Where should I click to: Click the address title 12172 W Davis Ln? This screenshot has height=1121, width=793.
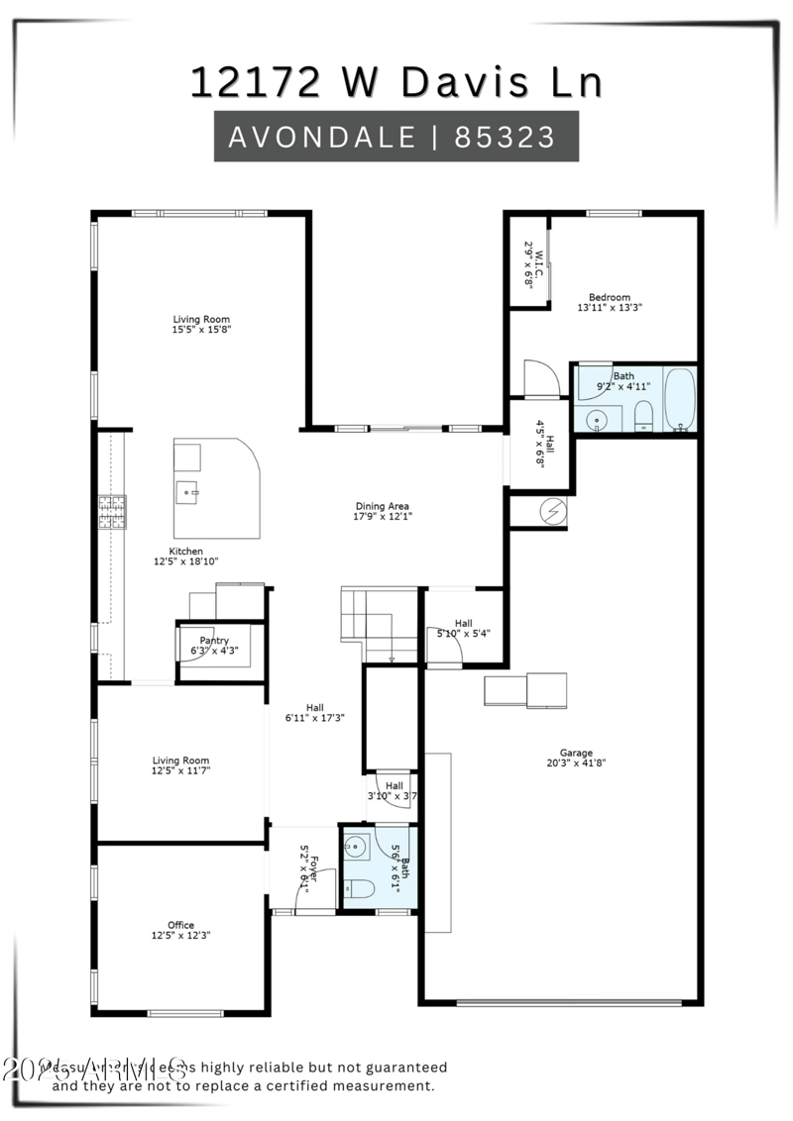pyautogui.click(x=396, y=82)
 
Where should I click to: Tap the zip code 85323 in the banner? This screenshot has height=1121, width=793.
pyautogui.click(x=506, y=137)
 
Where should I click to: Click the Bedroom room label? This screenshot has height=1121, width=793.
pyautogui.click(x=609, y=297)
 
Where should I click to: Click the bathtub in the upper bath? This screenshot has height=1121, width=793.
pyautogui.click(x=680, y=399)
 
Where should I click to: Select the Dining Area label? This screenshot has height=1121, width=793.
pyautogui.click(x=383, y=506)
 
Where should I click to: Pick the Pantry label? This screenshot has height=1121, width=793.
pyautogui.click(x=214, y=641)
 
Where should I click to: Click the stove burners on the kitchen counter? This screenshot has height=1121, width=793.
pyautogui.click(x=111, y=509)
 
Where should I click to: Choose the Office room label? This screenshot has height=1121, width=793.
pyautogui.click(x=180, y=925)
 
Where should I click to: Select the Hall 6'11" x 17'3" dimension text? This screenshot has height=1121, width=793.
pyautogui.click(x=314, y=718)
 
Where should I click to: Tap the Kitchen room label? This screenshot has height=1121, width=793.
pyautogui.click(x=185, y=552)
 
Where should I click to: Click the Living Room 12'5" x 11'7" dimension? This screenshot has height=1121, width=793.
pyautogui.click(x=181, y=769)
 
